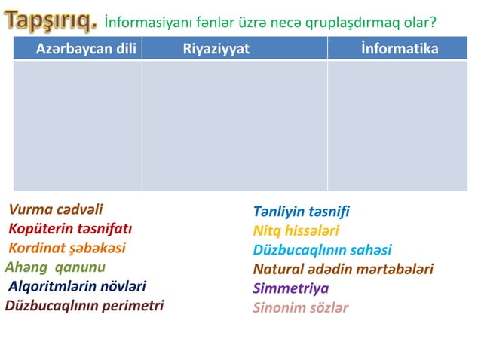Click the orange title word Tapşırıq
point(52,22)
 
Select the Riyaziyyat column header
point(216,49)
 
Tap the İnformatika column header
point(399,49)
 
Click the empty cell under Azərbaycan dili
point(78,125)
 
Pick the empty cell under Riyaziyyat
point(234,125)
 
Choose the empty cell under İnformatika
point(397,125)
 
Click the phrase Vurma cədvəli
point(56,209)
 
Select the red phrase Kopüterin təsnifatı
point(70,229)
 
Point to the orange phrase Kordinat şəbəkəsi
point(67,248)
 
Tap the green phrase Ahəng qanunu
point(55,267)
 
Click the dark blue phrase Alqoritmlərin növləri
point(77,286)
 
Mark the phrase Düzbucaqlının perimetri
point(84,305)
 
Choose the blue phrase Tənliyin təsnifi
point(301,212)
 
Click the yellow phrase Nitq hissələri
point(296,230)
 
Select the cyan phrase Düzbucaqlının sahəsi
point(322,250)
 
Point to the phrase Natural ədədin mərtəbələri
point(343,269)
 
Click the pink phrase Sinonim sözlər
point(301,307)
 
